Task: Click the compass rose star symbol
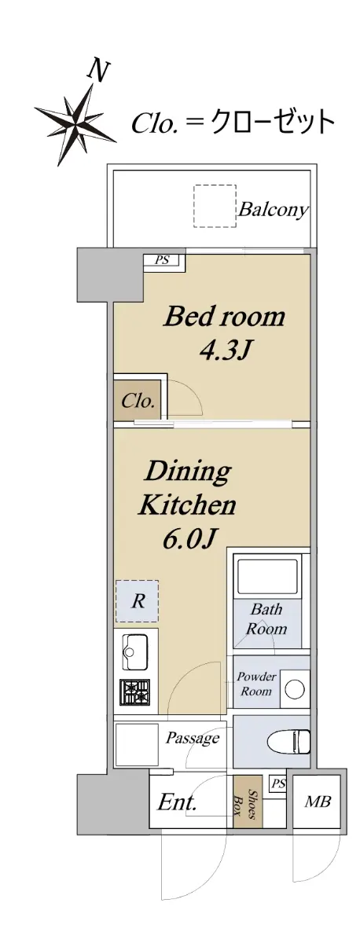tap(75, 124)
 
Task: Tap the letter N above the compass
tap(97, 71)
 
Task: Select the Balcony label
tap(273, 209)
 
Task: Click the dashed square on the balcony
tap(215, 206)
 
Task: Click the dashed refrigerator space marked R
tap(138, 601)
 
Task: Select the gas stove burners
tap(135, 692)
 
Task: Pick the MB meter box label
tap(318, 801)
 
